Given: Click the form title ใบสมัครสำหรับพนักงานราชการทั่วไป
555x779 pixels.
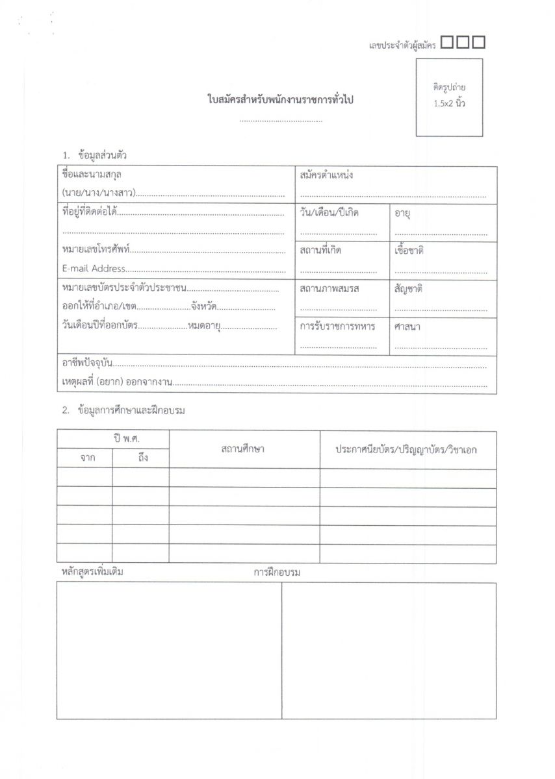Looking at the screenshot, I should click(x=280, y=101).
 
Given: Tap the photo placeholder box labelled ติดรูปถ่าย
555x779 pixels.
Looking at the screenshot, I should click(x=449, y=97).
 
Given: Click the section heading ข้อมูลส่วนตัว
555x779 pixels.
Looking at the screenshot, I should click(x=102, y=156).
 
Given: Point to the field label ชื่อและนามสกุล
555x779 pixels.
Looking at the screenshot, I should click(x=92, y=175).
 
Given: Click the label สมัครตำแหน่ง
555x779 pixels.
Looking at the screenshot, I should click(x=326, y=175).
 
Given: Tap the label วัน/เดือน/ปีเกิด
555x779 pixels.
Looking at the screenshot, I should click(x=329, y=213).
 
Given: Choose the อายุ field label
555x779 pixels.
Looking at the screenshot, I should click(x=402, y=214).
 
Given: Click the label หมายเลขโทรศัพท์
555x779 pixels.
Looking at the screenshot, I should click(x=96, y=249).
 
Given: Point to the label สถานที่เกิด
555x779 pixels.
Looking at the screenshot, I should click(x=320, y=251).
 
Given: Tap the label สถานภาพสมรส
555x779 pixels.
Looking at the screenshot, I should click(x=329, y=288).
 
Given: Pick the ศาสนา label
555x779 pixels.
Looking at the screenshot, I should click(x=407, y=326).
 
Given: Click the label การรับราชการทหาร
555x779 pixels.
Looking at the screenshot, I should click(x=337, y=326).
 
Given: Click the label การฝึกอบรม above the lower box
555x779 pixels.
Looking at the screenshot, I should click(x=277, y=573).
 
